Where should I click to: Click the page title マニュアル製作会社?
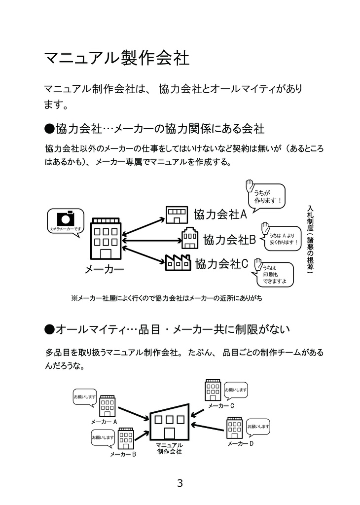click(x=117, y=58)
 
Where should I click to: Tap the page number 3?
click(x=180, y=483)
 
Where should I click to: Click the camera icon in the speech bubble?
click(x=66, y=218)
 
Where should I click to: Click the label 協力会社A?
click(x=220, y=215)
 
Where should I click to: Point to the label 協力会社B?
click(x=229, y=240)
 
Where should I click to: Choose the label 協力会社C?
click(x=221, y=263)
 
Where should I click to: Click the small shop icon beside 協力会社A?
click(x=177, y=214)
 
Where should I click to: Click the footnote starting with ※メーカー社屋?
click(x=167, y=298)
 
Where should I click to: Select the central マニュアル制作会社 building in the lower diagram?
click(x=169, y=422)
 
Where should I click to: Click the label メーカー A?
click(x=104, y=422)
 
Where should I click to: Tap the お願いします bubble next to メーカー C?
click(x=236, y=390)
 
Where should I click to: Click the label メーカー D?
click(x=241, y=444)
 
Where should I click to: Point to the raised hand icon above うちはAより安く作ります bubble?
click(x=265, y=227)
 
